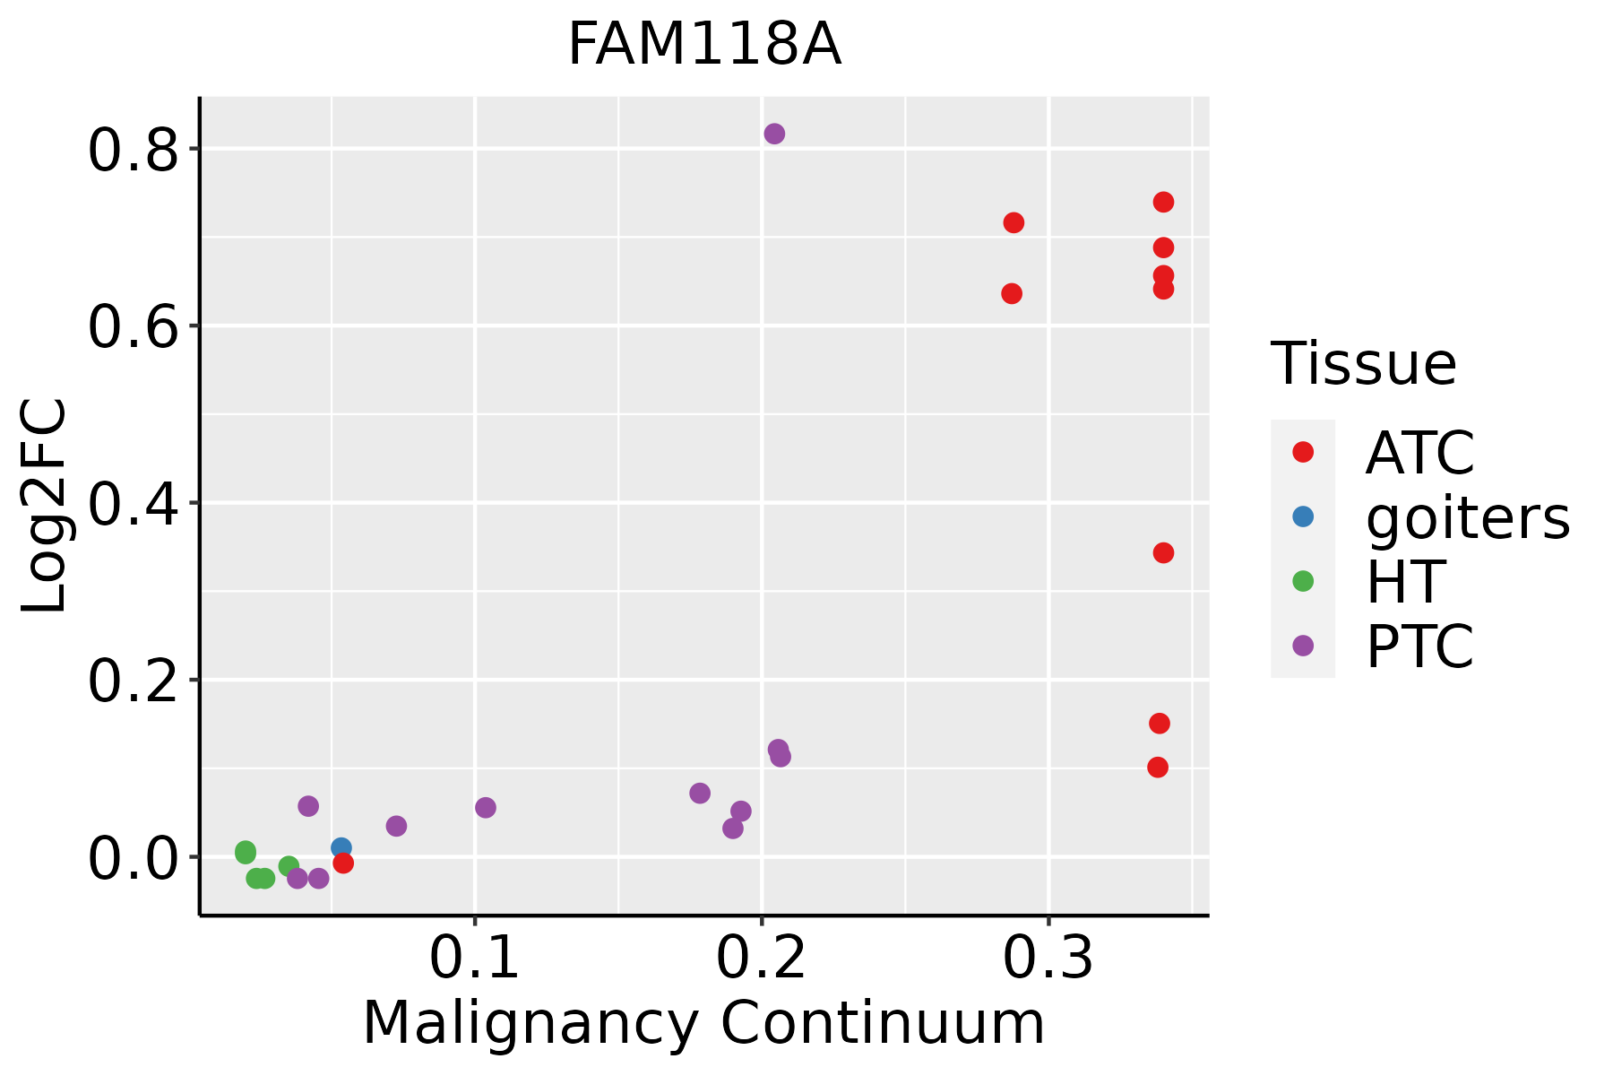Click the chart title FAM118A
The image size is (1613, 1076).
[x=704, y=45]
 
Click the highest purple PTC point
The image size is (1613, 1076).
[x=774, y=134]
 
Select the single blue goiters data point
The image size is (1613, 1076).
[x=341, y=847]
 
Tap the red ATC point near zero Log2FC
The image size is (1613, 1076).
[x=343, y=863]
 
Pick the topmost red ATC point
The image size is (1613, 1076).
[x=1163, y=202]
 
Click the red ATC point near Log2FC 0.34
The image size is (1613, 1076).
[x=1163, y=552]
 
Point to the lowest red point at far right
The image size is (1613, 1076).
[x=1158, y=767]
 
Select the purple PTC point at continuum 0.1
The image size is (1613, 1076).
[x=486, y=807]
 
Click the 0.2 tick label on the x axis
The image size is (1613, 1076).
[x=761, y=958]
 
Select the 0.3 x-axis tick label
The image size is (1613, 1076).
[x=1048, y=958]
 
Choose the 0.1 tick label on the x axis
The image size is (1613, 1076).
[x=474, y=958]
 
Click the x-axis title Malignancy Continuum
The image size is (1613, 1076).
[x=703, y=1023]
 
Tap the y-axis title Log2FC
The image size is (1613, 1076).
[x=45, y=506]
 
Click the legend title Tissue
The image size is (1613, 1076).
[x=1364, y=364]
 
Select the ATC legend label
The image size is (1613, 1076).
[x=1419, y=453]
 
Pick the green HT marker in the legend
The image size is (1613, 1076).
[x=1303, y=581]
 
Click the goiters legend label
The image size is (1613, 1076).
[x=1468, y=517]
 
